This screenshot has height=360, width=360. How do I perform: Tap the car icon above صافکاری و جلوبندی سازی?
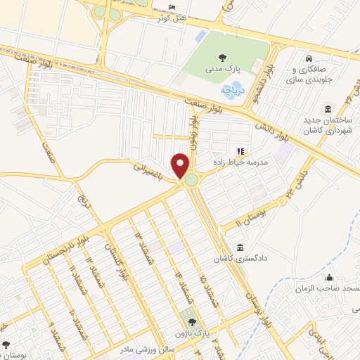pos(308,57)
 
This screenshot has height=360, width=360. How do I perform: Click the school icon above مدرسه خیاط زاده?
pos(239,150)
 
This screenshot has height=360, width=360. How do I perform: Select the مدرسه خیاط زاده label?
pos(244,162)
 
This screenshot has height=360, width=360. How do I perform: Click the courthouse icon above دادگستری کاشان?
pos(240,248)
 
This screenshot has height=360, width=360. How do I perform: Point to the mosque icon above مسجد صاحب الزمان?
pos(329,278)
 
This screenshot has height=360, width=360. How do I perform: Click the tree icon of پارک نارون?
pos(186,316)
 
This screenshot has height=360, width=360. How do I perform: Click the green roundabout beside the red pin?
pos(191,181)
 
